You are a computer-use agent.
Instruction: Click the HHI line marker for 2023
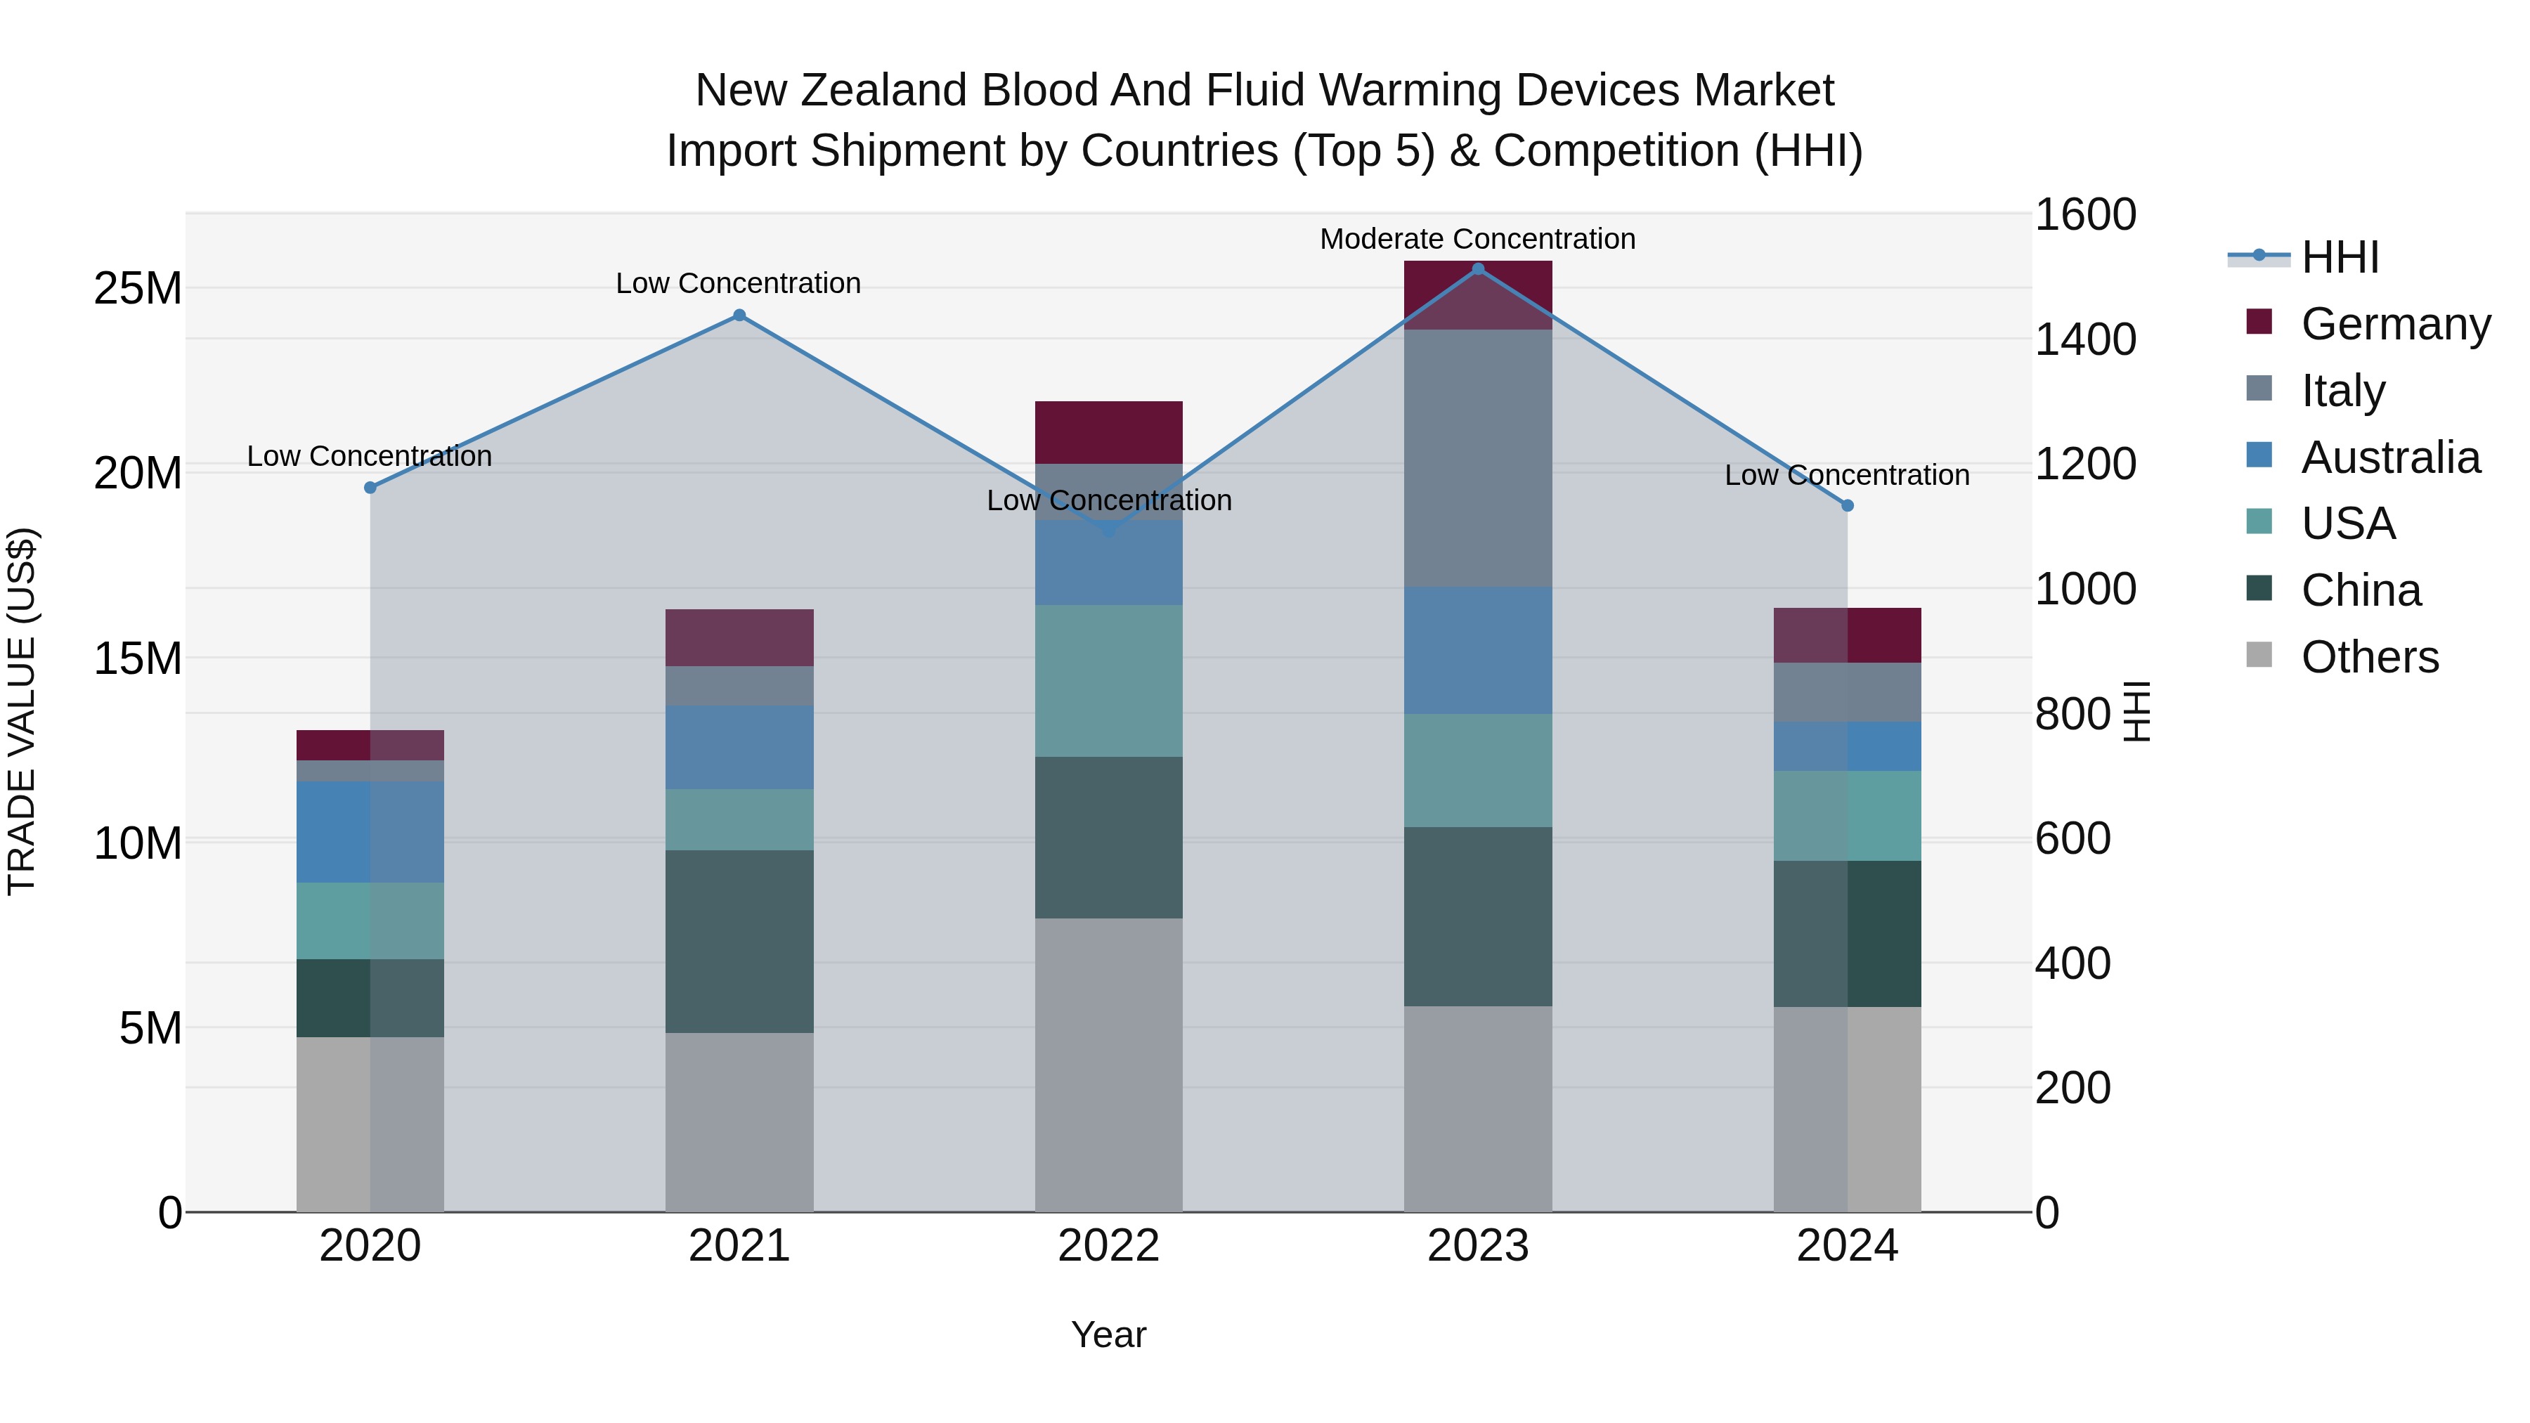(1477, 269)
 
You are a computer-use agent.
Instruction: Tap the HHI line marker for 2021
(739, 316)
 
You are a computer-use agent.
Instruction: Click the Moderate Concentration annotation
(1477, 239)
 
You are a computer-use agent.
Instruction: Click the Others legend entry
(2369, 656)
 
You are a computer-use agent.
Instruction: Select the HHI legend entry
(2340, 257)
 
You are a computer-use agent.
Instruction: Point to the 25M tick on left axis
(138, 289)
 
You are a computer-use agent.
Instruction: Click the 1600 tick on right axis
(2084, 214)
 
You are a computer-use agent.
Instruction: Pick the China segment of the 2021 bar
(739, 941)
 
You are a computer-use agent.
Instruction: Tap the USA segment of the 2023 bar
(1477, 770)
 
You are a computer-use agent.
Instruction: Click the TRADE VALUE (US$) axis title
(22, 711)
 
